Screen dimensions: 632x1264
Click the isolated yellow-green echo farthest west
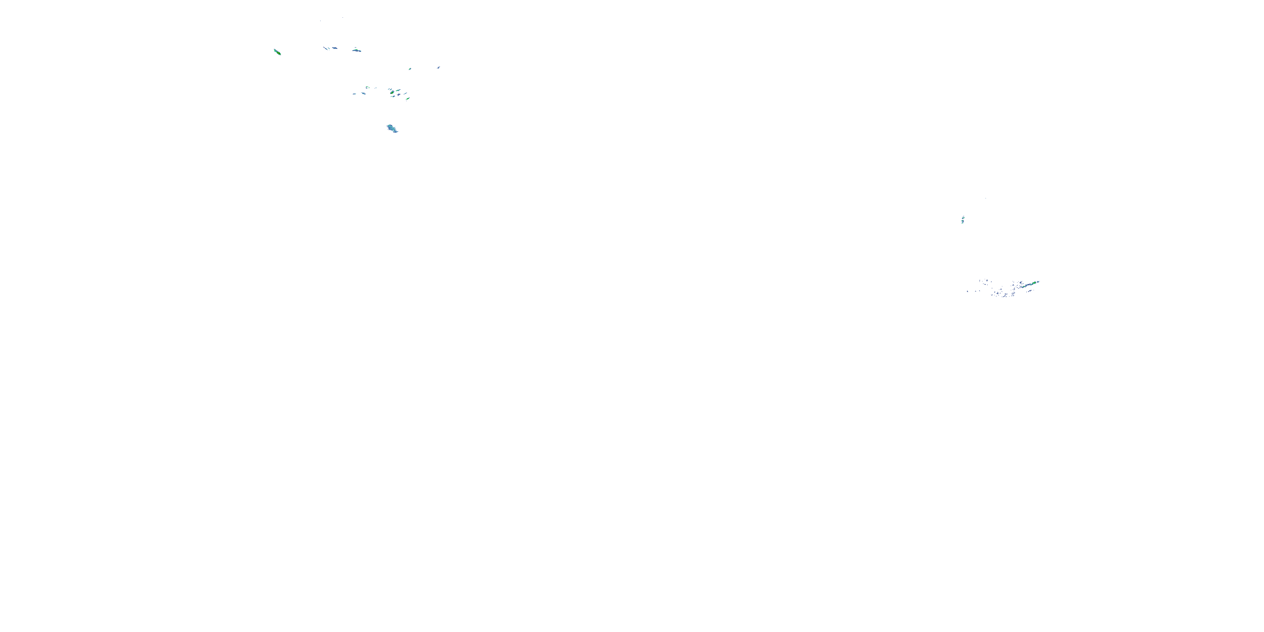pos(277,51)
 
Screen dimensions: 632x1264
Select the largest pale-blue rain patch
pos(392,129)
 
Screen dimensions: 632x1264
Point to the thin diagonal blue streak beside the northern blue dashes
pos(325,48)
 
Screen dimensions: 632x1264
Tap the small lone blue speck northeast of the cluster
pos(439,67)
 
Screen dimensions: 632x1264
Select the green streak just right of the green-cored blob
pos(398,90)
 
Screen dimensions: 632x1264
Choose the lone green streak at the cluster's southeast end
pos(408,99)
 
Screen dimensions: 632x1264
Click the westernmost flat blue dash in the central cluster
pos(354,94)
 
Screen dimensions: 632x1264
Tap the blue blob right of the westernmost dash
pos(364,93)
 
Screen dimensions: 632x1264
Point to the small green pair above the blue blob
pos(367,87)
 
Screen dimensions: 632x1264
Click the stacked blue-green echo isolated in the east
pos(963,220)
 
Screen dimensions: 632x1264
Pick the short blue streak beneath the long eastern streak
pos(1029,291)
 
